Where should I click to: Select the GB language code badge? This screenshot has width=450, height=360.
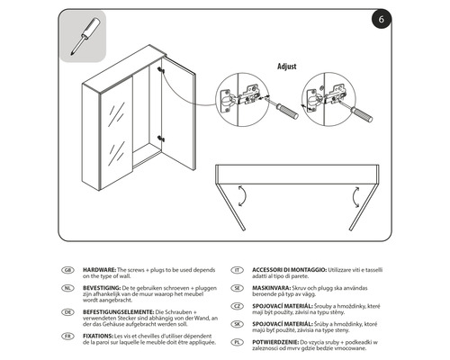point(67,269)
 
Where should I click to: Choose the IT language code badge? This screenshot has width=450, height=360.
point(237,269)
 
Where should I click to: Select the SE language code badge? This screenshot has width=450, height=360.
point(237,287)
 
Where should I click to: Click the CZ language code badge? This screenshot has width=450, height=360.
point(237,305)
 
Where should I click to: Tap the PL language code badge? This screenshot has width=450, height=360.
point(237,342)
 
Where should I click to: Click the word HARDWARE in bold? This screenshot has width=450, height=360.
point(101,269)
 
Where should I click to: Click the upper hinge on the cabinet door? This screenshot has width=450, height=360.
point(160,69)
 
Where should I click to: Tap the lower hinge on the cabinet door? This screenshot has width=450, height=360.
point(160,138)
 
